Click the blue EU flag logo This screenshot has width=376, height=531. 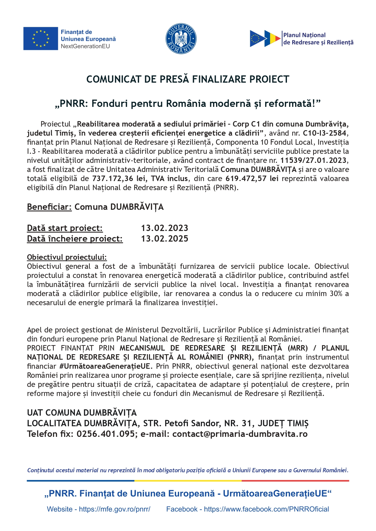coord(41,38)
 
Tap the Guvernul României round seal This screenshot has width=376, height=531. coord(181,38)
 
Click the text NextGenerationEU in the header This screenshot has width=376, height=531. coord(85,46)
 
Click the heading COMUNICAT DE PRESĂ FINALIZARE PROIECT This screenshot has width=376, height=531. coord(188,79)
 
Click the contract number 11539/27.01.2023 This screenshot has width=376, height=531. coord(313,160)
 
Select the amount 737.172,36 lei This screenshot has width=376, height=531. coord(113,179)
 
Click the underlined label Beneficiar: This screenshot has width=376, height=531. coord(49,207)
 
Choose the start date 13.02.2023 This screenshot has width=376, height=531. coord(165,228)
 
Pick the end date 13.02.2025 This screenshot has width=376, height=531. coord(165,239)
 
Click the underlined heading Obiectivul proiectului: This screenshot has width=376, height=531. coord(67,257)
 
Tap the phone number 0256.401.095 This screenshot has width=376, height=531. coord(105,434)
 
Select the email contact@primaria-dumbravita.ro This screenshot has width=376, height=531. coord(240,434)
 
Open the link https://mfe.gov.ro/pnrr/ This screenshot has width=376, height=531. coord(115,509)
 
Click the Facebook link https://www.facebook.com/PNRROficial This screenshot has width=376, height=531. coord(266,509)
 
